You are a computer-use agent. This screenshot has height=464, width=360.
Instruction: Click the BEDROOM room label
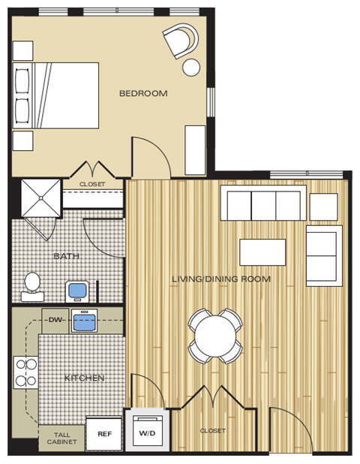(143, 94)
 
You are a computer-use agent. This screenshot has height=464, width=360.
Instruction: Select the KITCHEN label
(84, 378)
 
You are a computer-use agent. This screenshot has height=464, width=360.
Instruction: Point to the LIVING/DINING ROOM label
(220, 279)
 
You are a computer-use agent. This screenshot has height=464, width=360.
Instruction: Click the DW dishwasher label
(55, 321)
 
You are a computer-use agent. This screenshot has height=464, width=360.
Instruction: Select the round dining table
(215, 335)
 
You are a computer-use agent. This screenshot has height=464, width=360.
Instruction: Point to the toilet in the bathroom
(32, 282)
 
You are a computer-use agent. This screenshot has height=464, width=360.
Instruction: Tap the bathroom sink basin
(77, 290)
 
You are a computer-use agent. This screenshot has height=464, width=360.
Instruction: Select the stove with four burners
(25, 371)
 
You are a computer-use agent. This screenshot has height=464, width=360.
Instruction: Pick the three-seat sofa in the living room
(262, 203)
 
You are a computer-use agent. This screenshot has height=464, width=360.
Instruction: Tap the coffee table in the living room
(262, 252)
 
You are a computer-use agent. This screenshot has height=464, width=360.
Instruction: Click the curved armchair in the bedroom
(181, 40)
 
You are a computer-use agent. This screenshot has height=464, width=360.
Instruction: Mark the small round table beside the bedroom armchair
(191, 68)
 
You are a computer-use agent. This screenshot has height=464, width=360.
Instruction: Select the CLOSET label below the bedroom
(92, 184)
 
